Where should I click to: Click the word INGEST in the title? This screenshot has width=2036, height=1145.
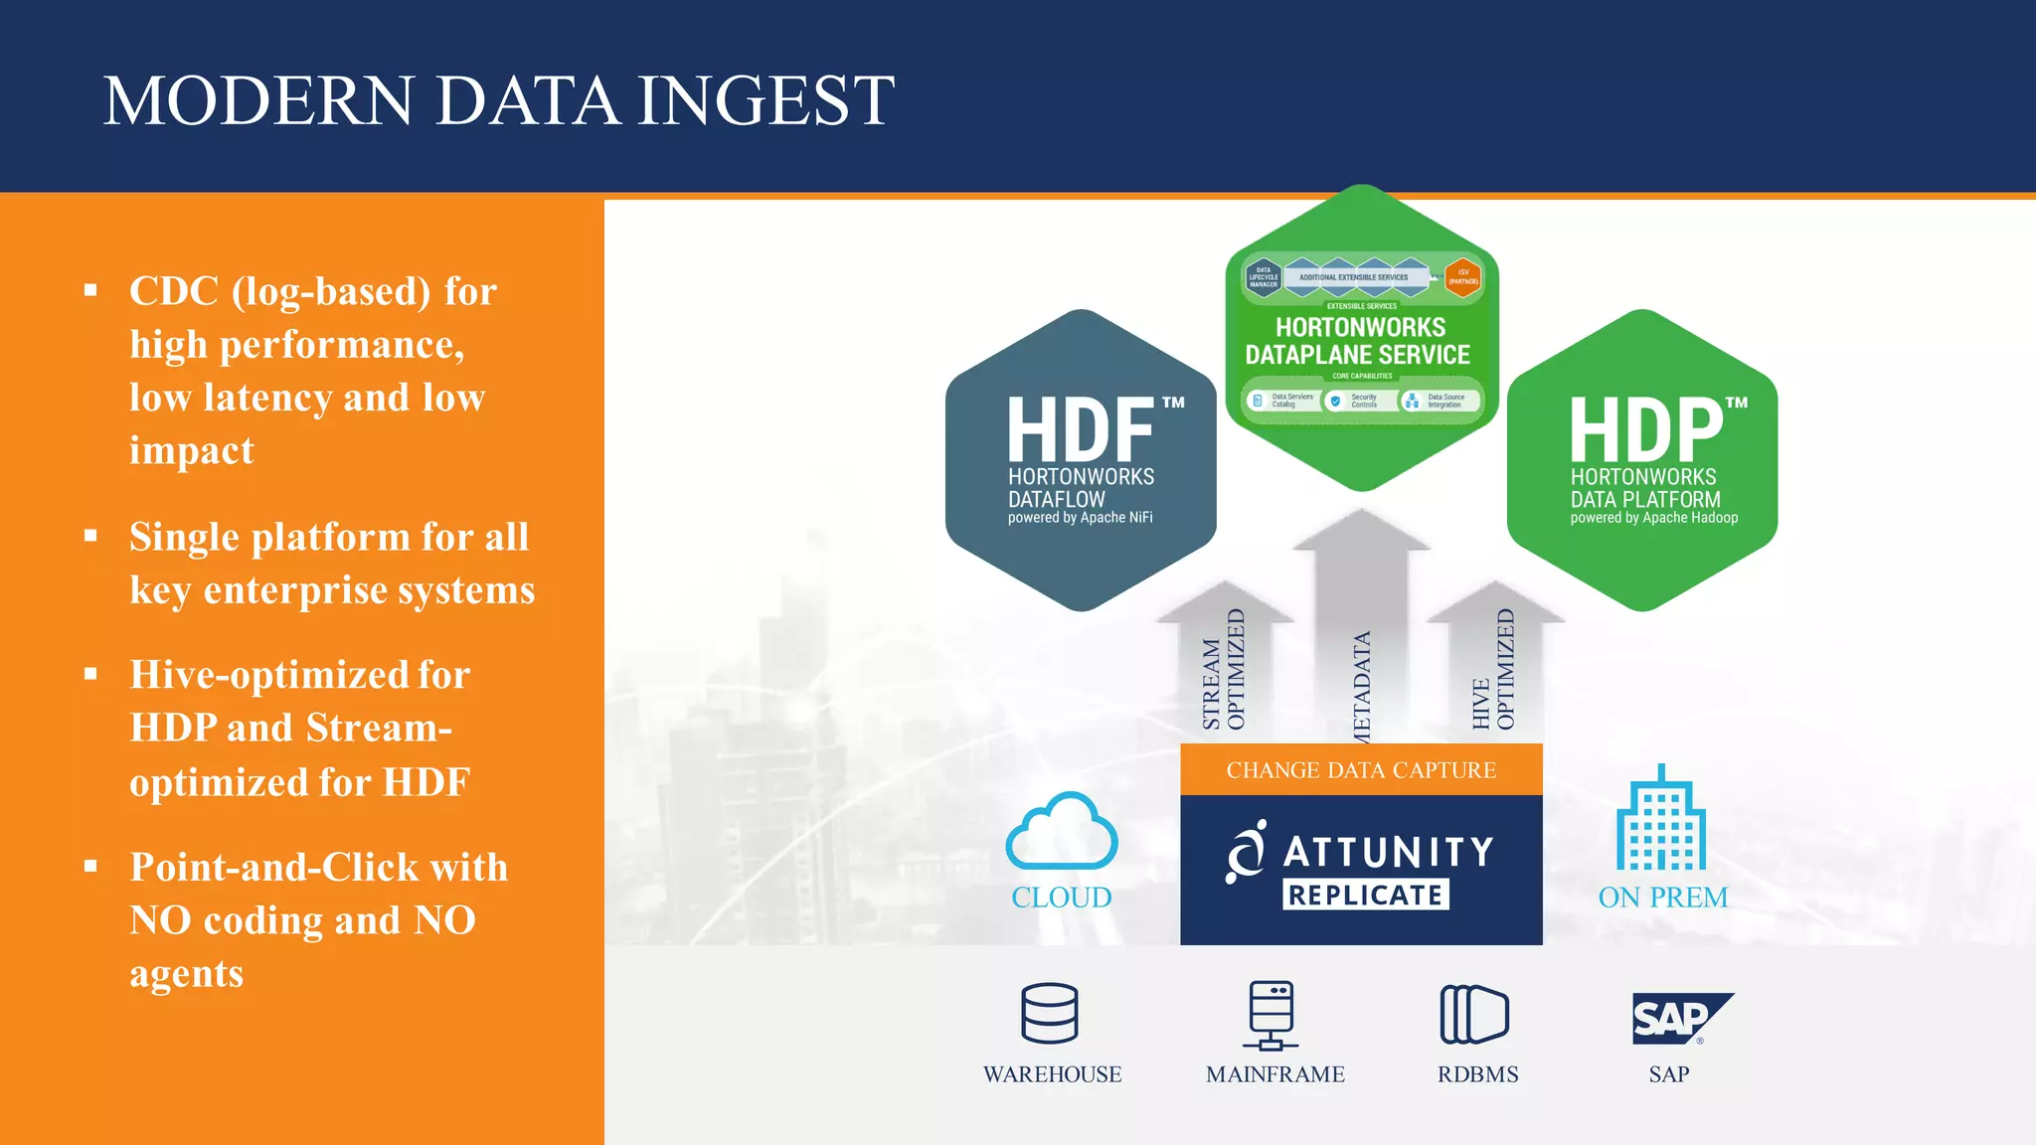[765, 101]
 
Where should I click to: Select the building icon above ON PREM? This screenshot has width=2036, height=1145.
[1661, 819]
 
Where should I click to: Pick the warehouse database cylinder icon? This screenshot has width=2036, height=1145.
[1050, 1014]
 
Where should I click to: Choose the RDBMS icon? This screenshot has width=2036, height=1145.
[1474, 1015]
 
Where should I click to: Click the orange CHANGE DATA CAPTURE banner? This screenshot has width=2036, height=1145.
[1361, 770]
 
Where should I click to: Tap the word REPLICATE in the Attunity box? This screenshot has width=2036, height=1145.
[1366, 896]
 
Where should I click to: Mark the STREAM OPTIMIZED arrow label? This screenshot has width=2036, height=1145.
[1224, 672]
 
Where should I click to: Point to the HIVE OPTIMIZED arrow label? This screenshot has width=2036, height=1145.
[1493, 672]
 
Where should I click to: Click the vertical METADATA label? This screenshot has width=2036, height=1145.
[1362, 686]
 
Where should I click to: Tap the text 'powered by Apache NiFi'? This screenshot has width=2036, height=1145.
[1081, 518]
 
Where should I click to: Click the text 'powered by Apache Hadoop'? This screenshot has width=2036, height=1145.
[1654, 518]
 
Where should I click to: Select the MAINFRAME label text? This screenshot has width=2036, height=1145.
[1274, 1074]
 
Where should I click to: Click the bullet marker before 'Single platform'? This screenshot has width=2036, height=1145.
[91, 537]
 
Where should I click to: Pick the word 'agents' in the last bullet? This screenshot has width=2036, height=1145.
[187, 974]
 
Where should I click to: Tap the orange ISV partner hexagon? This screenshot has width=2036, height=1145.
[1462, 277]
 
